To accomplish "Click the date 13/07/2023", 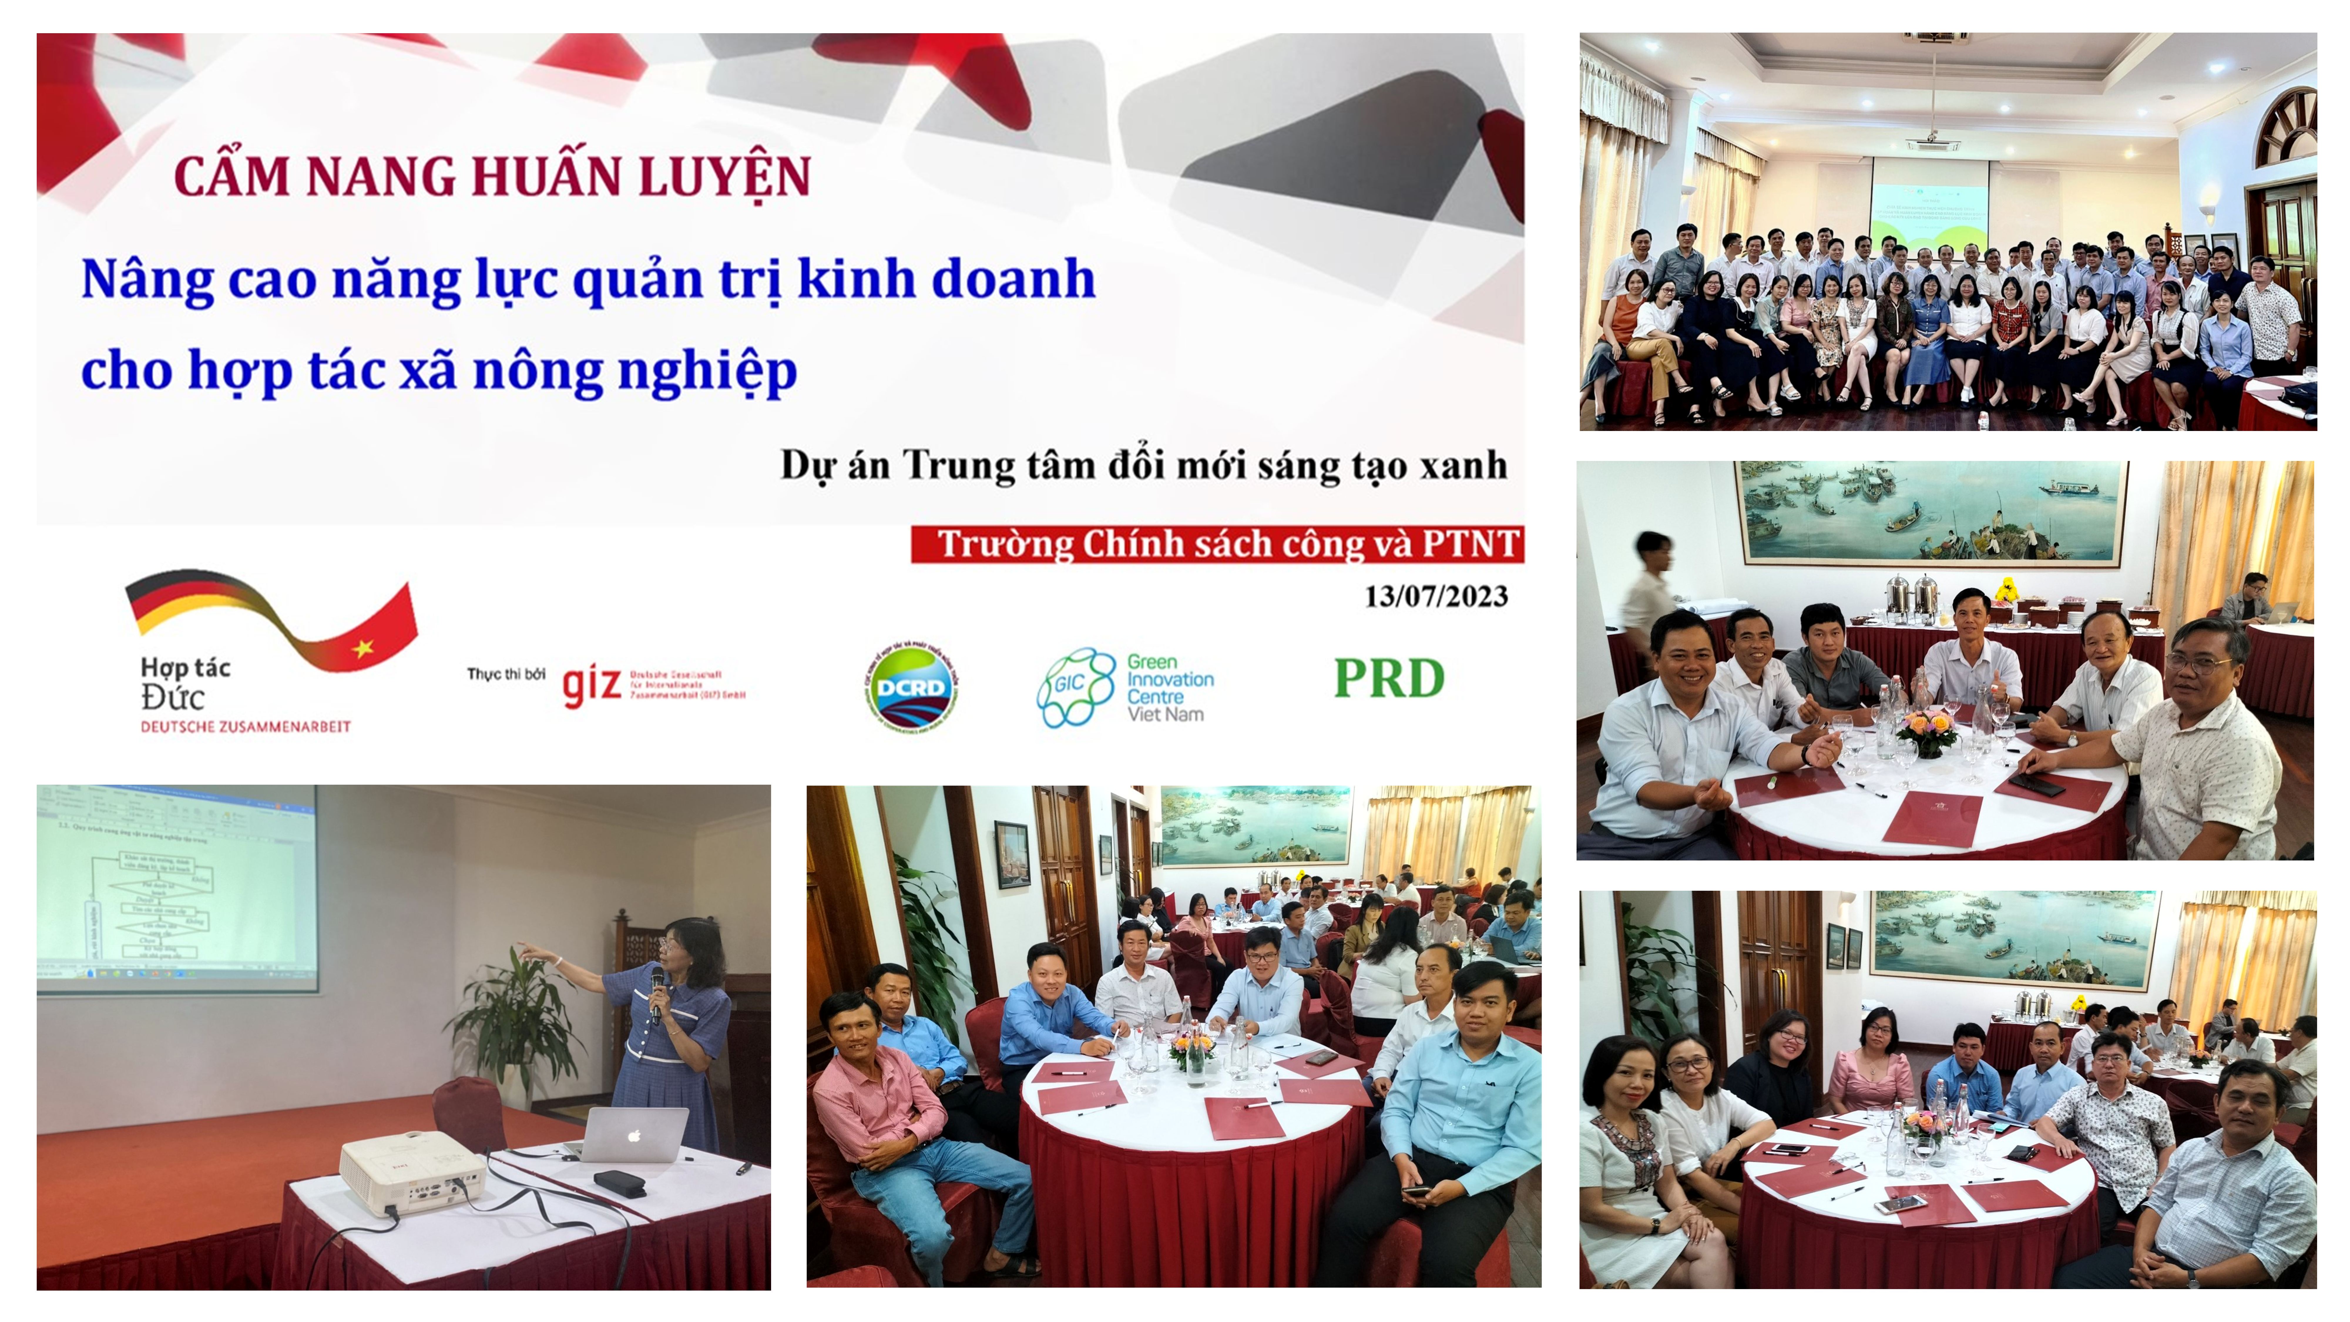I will (x=1436, y=597).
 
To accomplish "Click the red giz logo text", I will (x=591, y=684).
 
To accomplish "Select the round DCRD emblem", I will (x=910, y=684).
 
